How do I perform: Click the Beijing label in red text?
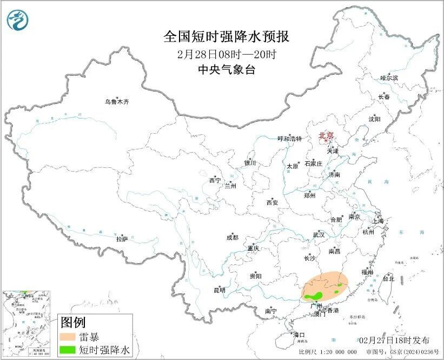point(326,136)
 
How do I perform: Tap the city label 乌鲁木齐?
point(117,102)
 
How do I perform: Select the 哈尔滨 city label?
point(389,78)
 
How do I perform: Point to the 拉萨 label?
point(122,238)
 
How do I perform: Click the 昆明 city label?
point(219,290)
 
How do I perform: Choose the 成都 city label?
point(232,237)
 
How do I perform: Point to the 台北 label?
point(388,279)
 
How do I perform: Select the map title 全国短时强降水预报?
point(227,37)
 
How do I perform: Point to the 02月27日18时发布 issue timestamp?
point(394,340)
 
